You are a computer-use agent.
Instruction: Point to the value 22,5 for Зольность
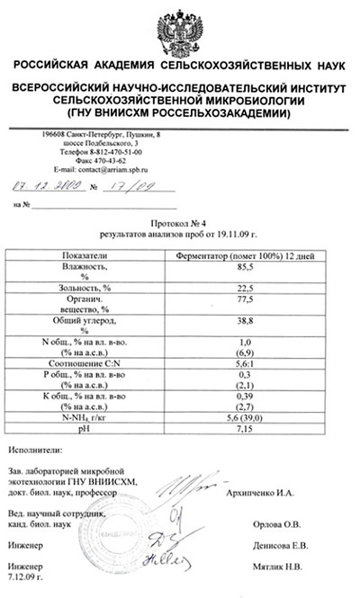pos(243,287)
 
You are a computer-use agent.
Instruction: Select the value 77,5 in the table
pos(243,300)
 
